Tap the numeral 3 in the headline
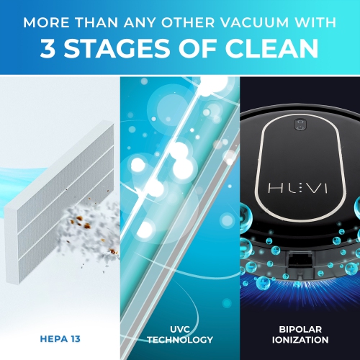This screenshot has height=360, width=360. click(48, 48)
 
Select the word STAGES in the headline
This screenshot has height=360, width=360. click(117, 48)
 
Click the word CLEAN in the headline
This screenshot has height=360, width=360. click(271, 48)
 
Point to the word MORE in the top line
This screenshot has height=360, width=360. click(46, 22)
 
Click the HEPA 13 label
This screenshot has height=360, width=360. click(60, 339)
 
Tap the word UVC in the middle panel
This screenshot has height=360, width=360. click(180, 329)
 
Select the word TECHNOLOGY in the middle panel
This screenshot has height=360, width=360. click(180, 340)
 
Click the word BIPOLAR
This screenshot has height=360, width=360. click(300, 329)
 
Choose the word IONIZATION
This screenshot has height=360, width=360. click(300, 340)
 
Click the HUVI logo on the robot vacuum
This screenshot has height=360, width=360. click(297, 189)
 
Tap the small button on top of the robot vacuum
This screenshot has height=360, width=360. click(300, 125)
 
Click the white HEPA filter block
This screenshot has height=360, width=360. click(59, 202)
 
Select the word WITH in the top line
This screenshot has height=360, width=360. click(315, 22)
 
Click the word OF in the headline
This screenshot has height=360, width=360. click(197, 48)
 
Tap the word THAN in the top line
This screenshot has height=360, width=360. click(96, 22)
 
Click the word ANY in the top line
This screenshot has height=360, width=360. click(140, 22)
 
